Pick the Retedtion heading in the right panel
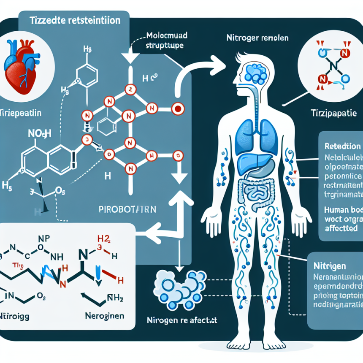342,146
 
